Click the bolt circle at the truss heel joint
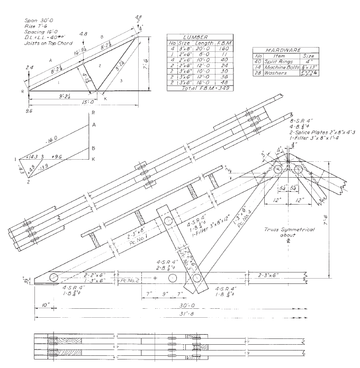pyautogui.click(x=54, y=278)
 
